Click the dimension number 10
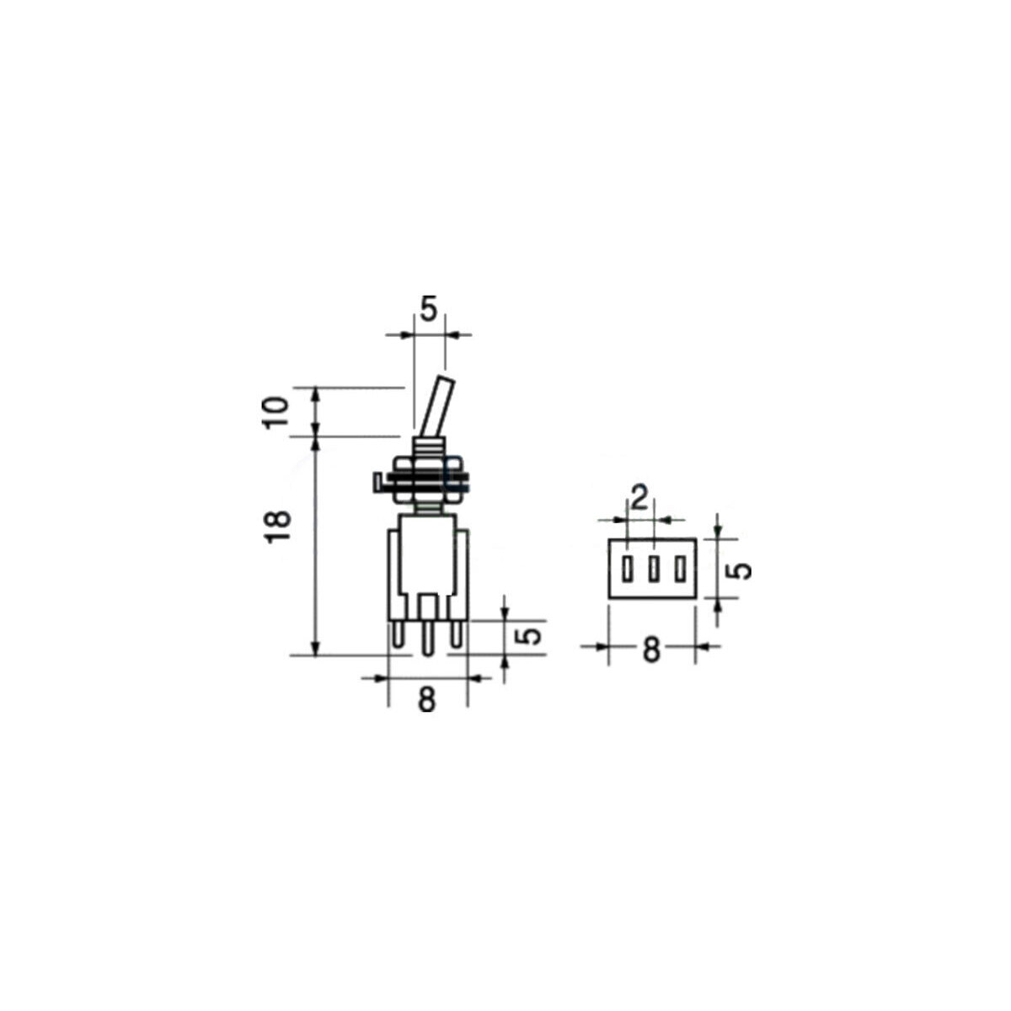(x=277, y=413)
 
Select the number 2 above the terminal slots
(x=639, y=499)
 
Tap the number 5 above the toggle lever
(x=429, y=309)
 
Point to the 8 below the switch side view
(x=427, y=699)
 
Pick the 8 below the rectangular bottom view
(x=651, y=651)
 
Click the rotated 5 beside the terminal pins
(x=529, y=637)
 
